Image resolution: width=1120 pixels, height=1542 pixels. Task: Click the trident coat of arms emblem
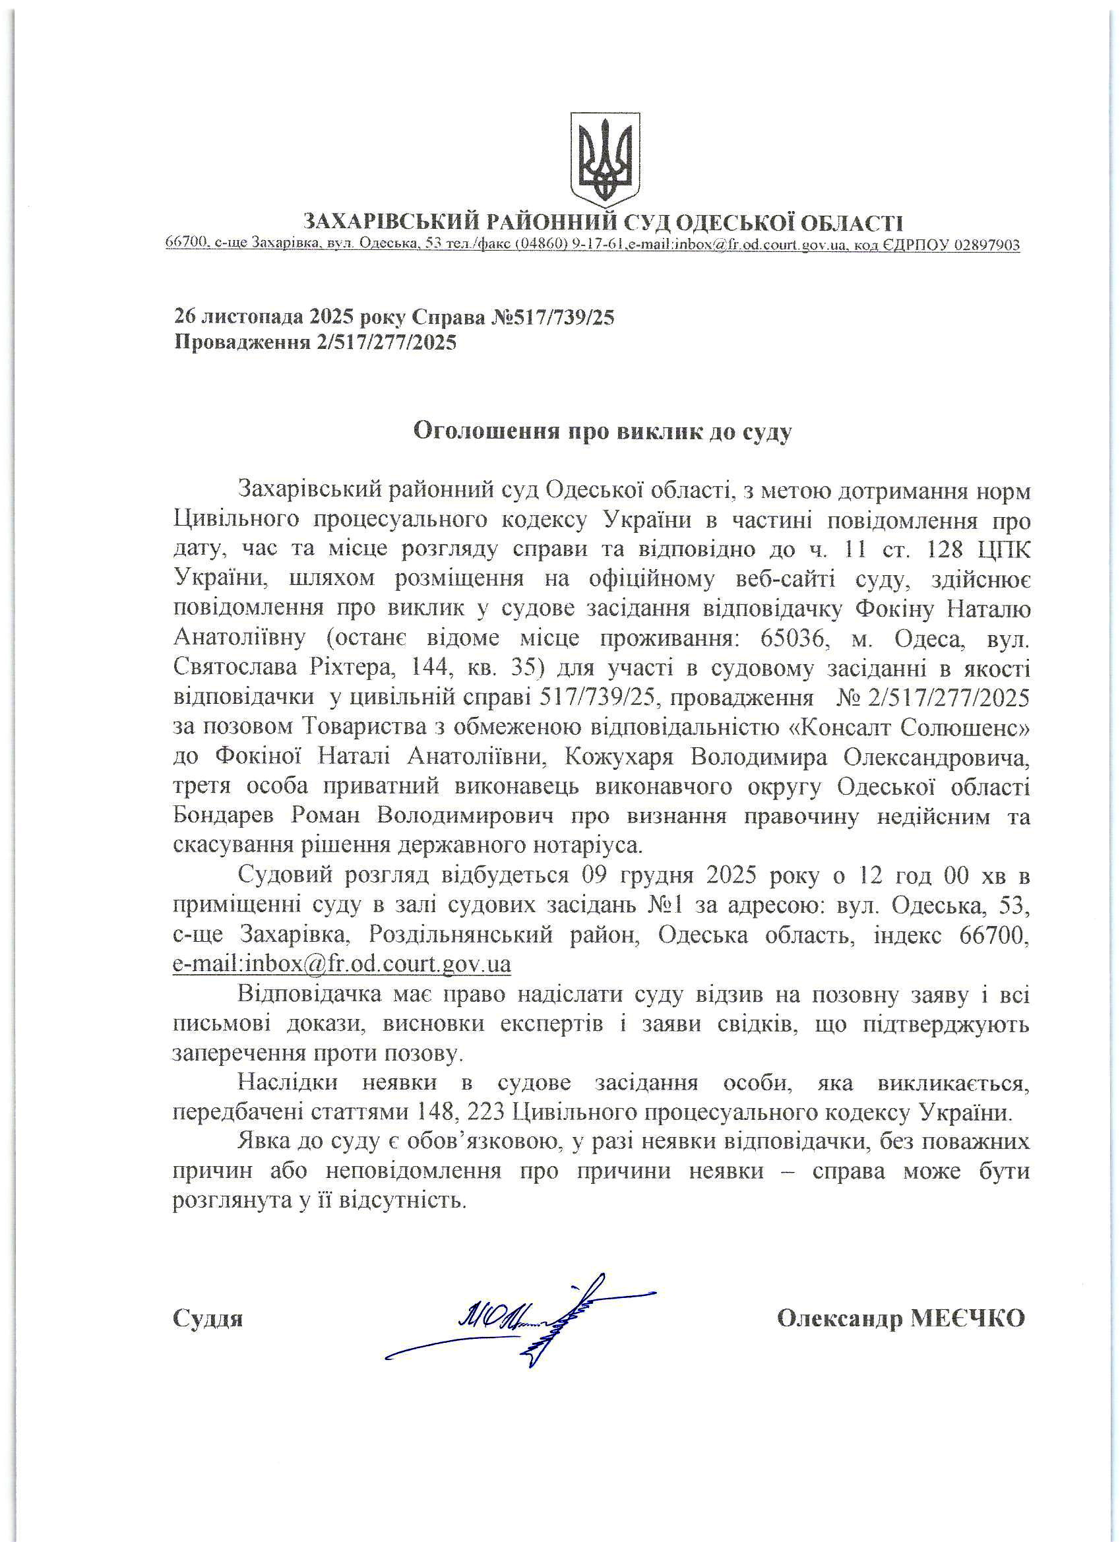(x=605, y=160)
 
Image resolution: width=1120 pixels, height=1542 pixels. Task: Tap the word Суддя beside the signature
(x=207, y=1319)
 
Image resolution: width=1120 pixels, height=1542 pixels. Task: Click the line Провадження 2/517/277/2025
(x=315, y=342)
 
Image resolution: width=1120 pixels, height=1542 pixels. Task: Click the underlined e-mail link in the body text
(x=342, y=964)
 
